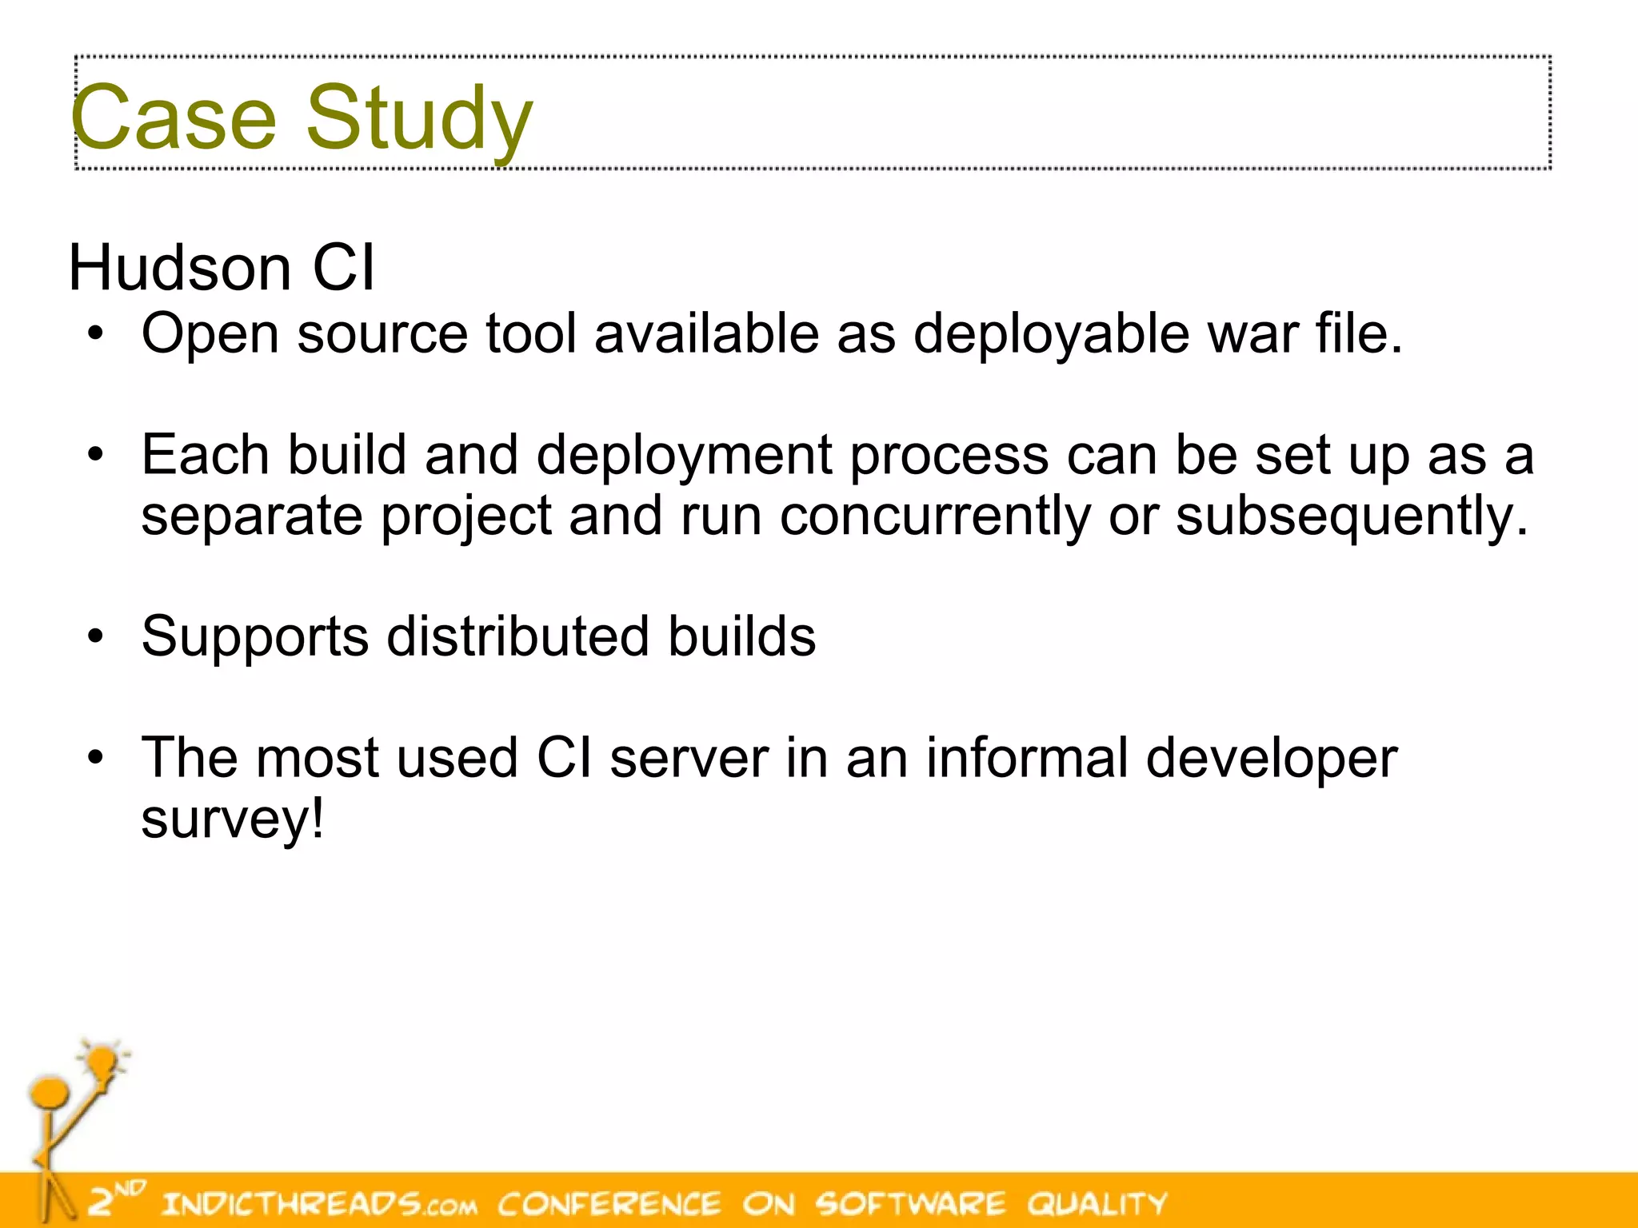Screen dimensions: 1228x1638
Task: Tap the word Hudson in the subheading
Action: click(x=179, y=267)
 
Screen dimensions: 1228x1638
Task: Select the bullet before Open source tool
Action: click(x=96, y=335)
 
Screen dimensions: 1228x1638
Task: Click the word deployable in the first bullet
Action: click(x=1051, y=334)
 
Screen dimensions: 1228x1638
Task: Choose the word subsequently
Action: click(x=1352, y=516)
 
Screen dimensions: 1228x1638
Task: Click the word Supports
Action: click(x=255, y=637)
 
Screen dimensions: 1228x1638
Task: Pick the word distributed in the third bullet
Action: click(x=517, y=637)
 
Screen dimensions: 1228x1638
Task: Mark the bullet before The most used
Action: click(x=96, y=759)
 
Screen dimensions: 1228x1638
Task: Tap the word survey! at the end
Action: click(x=233, y=819)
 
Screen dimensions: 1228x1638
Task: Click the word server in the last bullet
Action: click(x=689, y=758)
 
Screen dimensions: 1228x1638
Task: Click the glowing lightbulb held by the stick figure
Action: click(x=102, y=1063)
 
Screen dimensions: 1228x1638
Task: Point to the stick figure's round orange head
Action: click(x=49, y=1092)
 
